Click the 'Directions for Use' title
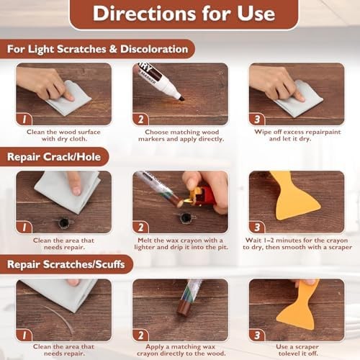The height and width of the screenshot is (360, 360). pos(184,14)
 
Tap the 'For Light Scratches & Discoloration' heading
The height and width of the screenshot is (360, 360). pos(97,49)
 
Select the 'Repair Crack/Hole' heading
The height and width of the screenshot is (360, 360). pos(54,157)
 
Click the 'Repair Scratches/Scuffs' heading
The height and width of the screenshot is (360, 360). pos(66,264)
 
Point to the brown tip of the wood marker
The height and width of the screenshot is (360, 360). pos(181,99)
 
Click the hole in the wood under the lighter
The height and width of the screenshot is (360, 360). pos(186,218)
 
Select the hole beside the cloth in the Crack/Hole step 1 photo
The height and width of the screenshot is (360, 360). pos(63,222)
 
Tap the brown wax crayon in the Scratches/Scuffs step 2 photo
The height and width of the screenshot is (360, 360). pos(184,309)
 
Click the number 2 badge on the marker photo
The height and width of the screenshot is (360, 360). pos(141,120)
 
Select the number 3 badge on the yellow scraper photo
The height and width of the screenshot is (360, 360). pos(257,228)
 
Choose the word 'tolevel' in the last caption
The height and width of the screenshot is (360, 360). pos(289,354)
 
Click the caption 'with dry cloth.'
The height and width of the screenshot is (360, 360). pos(64,139)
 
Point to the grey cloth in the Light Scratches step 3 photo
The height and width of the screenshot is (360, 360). pos(300,99)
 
